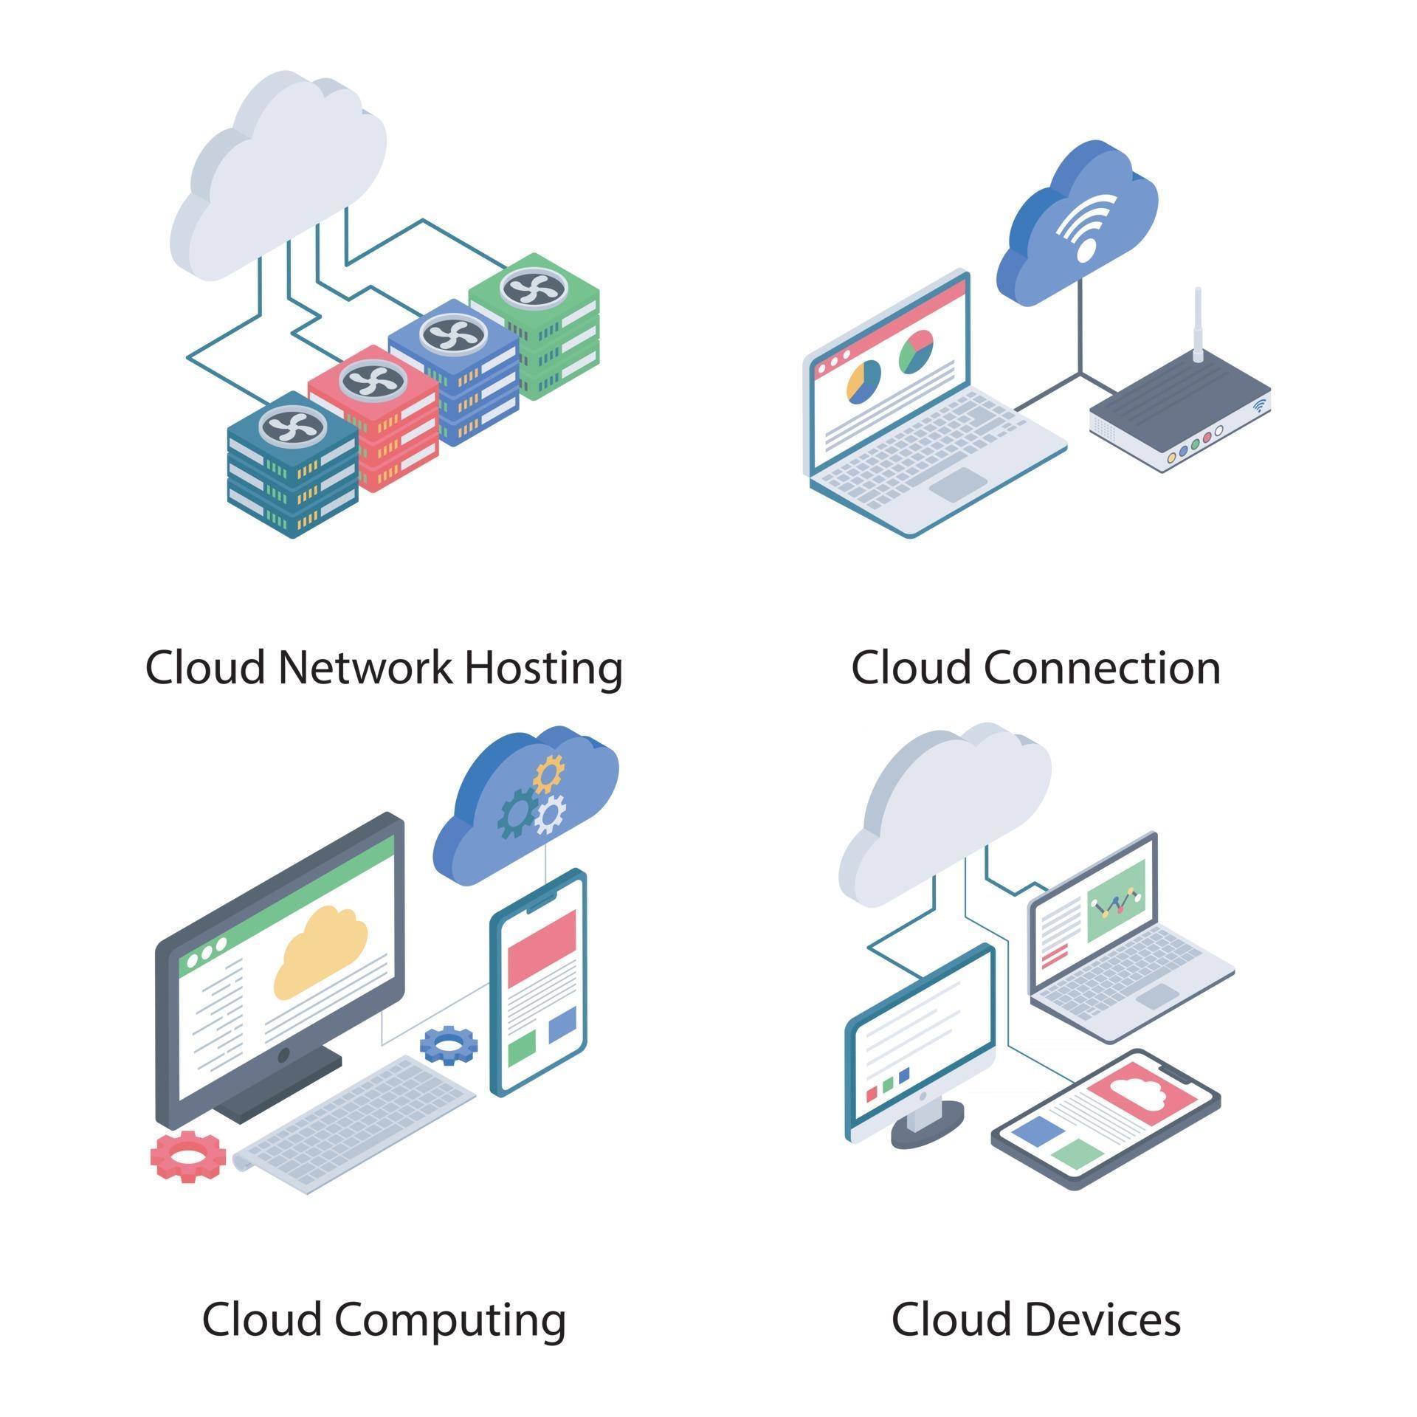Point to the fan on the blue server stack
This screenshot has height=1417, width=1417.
tap(453, 335)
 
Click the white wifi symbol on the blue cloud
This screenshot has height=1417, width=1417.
tap(1086, 226)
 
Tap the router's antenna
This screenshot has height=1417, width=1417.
tap(1198, 325)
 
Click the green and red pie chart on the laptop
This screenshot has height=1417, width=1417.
tap(916, 351)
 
